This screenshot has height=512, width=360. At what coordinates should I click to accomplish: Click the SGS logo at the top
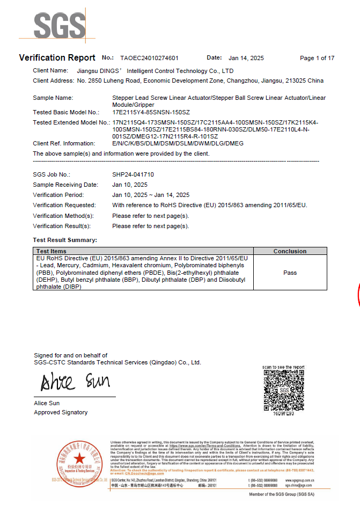point(60,26)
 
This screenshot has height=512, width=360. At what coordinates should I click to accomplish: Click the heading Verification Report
point(57,58)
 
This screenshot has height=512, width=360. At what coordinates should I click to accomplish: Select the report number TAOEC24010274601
point(149,58)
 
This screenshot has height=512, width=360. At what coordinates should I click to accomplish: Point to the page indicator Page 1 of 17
point(317,58)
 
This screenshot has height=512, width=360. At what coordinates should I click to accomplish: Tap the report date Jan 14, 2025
point(246,58)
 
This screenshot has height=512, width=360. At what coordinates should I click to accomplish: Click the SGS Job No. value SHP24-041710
point(133,174)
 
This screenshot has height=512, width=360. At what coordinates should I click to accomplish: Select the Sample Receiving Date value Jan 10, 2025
point(130,185)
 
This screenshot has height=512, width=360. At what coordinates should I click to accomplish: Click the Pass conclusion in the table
point(290,273)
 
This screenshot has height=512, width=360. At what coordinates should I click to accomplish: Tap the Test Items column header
point(52,251)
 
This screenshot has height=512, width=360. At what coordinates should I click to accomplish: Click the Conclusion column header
point(290,251)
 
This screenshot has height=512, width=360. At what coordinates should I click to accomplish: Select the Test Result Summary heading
point(65,240)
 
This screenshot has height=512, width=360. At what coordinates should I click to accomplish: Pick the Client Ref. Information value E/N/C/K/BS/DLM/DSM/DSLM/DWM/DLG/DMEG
point(178,143)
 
